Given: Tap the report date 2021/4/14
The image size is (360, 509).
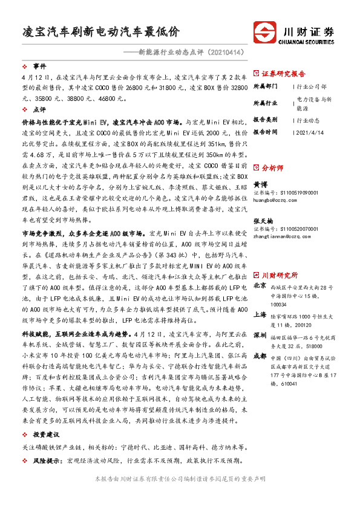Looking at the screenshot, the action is pos(311,131).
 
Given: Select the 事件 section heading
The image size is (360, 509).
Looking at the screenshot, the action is pos(39,66).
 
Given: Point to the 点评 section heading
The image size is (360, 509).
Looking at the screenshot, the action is pos(39,110).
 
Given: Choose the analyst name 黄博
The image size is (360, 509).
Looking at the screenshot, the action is pos(259,184).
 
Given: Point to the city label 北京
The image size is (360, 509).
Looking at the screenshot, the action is pos(259,268).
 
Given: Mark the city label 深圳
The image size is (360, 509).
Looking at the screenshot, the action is pos(259,334).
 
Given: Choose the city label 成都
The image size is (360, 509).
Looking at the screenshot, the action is pos(259,356).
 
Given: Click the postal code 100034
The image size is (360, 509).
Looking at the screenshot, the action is pos(280,289).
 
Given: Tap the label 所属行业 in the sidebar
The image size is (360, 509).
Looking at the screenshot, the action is pos(264,103).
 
